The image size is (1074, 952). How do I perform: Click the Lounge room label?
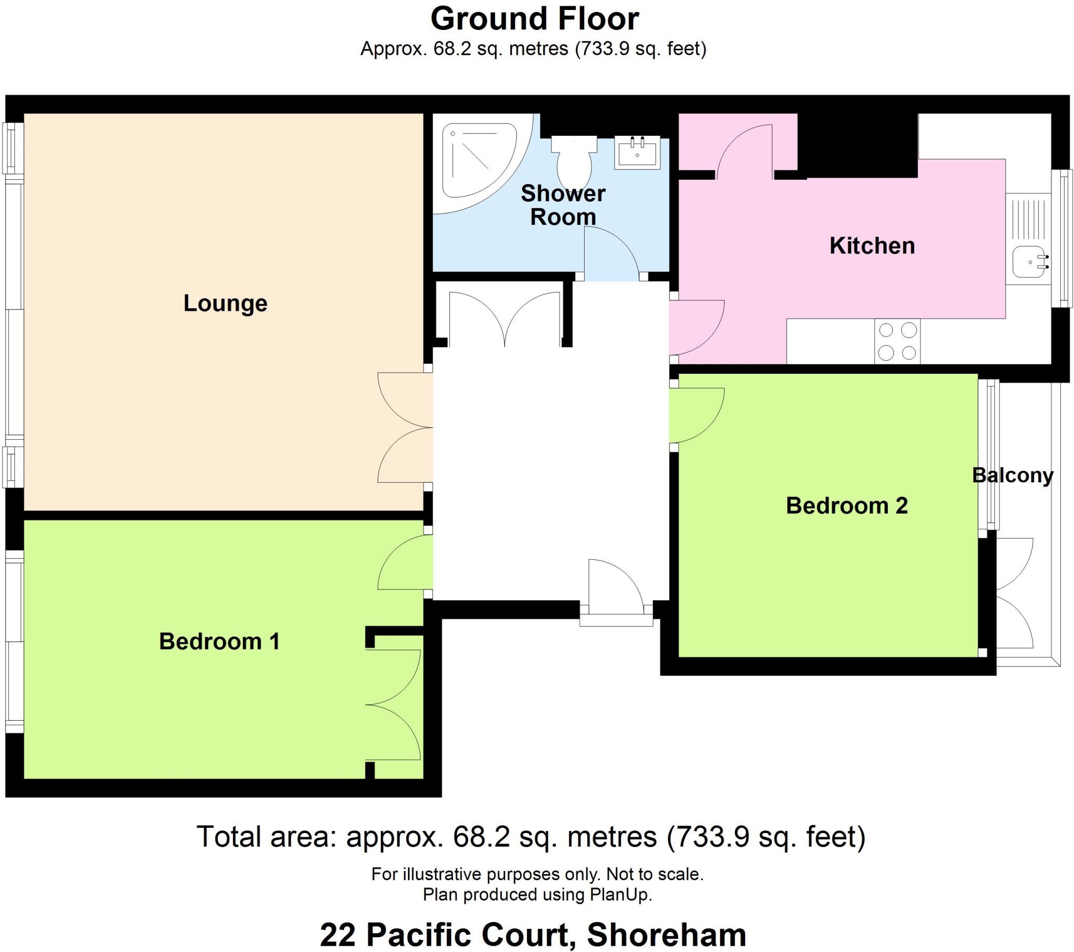pos(225,304)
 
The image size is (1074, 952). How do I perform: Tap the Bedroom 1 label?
pos(219,642)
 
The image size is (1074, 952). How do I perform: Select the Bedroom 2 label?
pos(846,505)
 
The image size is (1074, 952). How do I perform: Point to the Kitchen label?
pos(872,246)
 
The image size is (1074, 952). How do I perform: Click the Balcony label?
pos(1012,475)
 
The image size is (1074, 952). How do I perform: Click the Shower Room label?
pos(563,205)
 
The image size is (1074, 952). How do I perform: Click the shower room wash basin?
pos(637,152)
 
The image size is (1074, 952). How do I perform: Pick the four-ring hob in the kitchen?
pos(897,341)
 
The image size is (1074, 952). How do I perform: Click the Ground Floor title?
pos(534,19)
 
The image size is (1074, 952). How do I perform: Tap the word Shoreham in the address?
pos(666,935)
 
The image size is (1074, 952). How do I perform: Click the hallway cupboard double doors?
pos(504,318)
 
